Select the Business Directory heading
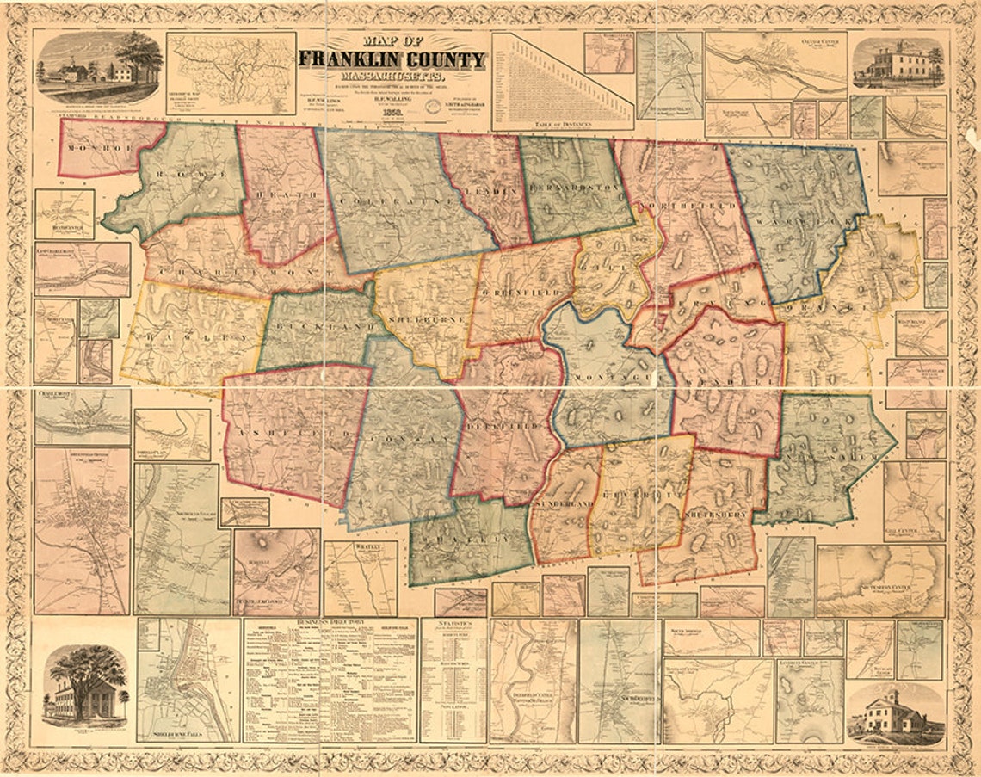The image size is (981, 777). click(330, 621)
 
